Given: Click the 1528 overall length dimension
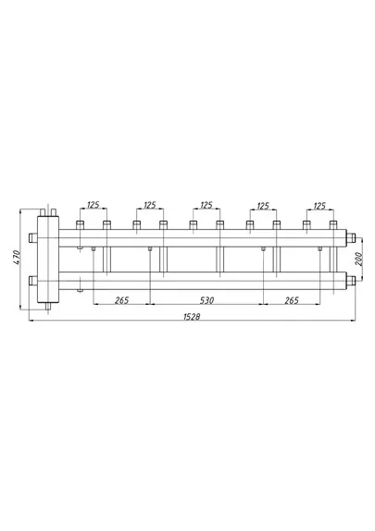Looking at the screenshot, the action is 192,316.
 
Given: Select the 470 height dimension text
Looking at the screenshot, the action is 18,258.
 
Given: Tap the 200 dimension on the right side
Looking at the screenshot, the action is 359,259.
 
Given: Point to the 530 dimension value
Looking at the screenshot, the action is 206,300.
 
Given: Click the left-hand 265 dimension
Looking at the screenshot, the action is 122,300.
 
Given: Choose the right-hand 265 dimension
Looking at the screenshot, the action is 292,300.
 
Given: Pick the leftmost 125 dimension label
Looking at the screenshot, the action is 94,205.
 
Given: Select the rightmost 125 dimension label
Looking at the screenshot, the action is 319,206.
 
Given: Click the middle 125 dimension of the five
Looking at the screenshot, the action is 206,205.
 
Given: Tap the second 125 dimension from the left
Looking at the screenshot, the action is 150,205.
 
